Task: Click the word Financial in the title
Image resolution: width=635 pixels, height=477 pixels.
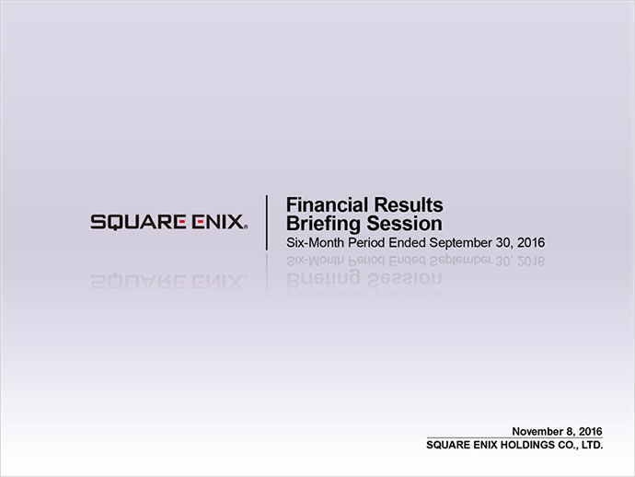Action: (328, 204)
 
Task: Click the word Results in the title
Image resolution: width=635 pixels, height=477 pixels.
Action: (409, 204)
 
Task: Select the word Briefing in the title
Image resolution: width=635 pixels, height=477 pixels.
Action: (323, 225)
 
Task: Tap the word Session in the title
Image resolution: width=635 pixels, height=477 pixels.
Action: (404, 224)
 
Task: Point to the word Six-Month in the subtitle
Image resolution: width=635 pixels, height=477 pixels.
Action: (315, 242)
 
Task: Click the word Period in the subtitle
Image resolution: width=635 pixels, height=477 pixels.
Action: (366, 242)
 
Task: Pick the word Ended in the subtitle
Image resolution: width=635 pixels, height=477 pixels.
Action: (407, 242)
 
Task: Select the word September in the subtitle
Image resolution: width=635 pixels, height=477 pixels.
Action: (460, 243)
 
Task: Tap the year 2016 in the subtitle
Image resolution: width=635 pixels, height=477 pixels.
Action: (531, 242)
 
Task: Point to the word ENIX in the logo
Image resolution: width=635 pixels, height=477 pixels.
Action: (217, 222)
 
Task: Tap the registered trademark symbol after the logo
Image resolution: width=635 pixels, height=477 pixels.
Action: (246, 227)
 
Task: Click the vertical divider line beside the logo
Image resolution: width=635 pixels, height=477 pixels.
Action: (267, 223)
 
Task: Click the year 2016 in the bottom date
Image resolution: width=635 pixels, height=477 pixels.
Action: (591, 431)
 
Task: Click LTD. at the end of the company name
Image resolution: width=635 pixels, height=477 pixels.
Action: (593, 445)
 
